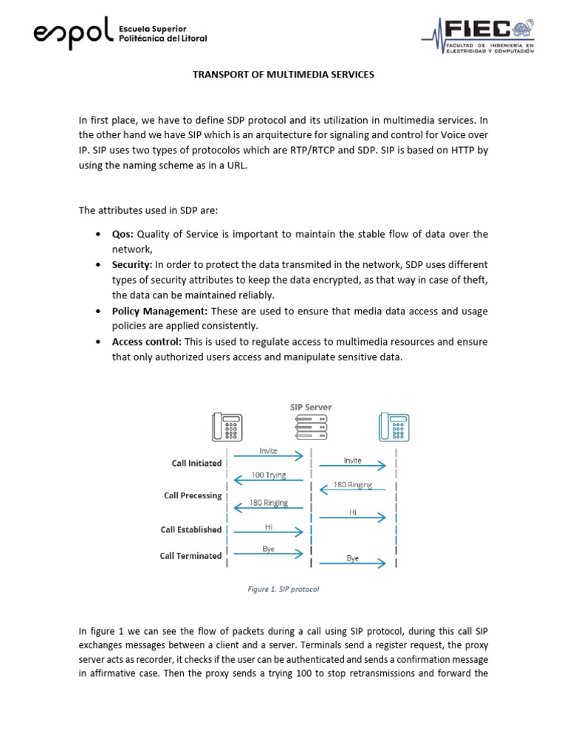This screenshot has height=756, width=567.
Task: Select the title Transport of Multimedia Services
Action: (x=283, y=75)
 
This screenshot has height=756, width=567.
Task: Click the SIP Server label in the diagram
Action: (x=310, y=407)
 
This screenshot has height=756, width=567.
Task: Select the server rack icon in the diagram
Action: (x=311, y=427)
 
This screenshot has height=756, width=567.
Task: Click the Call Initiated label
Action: (x=196, y=463)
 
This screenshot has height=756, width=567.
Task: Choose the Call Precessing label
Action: (x=193, y=495)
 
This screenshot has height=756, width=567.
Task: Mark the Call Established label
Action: (x=191, y=529)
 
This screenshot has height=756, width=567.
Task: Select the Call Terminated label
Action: (x=190, y=555)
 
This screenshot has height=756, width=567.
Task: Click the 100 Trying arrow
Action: (x=269, y=480)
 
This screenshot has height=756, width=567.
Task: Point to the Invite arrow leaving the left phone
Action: (x=269, y=456)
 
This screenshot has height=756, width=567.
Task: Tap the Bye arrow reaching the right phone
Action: (x=353, y=564)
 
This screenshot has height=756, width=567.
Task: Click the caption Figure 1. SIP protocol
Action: (x=283, y=589)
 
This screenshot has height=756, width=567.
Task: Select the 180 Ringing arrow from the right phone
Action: (x=353, y=489)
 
